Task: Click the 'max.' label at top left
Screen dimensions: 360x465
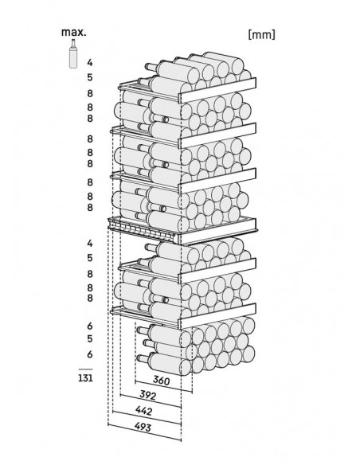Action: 74,32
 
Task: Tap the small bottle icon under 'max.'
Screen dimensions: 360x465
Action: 73,53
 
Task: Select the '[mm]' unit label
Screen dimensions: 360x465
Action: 261,34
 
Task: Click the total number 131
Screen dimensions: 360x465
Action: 85,377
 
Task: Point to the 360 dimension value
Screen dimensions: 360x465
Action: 161,380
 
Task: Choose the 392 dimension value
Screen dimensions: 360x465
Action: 147,395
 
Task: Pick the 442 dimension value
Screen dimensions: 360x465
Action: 143,411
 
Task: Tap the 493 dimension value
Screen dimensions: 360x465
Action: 143,427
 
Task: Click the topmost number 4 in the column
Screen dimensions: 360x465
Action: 90,63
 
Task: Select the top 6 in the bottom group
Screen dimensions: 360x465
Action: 90,326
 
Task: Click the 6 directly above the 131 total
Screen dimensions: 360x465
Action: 90,354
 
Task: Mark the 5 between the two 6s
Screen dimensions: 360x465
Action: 90,338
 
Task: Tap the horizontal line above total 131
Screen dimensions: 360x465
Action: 85,369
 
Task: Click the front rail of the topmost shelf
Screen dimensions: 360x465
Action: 218,90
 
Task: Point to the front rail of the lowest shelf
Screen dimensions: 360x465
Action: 218,316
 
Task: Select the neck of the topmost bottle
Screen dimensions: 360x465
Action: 151,67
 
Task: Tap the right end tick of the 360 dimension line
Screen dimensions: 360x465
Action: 192,392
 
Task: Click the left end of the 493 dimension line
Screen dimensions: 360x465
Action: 108,424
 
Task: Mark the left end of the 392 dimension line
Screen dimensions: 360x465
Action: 120,395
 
